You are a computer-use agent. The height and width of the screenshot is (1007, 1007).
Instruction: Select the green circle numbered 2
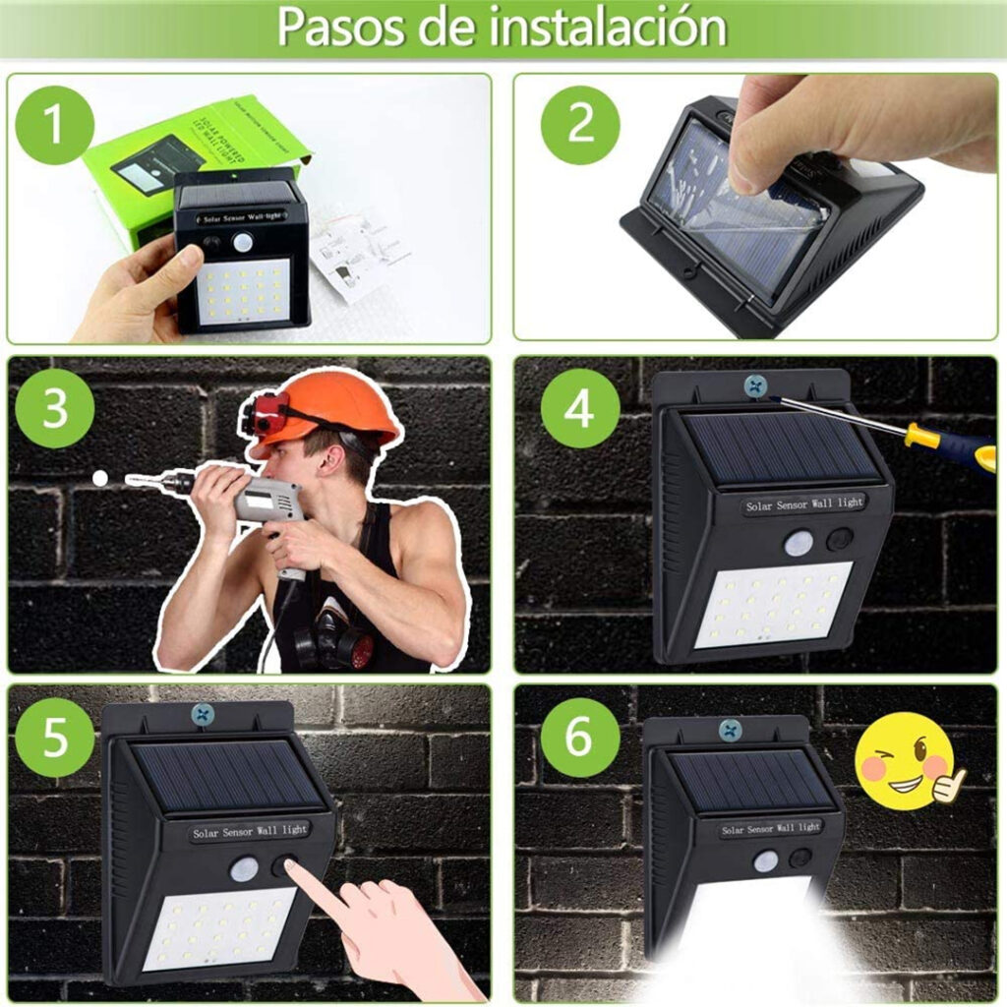(580, 125)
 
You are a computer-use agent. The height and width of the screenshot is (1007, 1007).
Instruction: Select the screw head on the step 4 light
(755, 385)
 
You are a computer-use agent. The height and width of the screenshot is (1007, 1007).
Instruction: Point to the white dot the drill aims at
(99, 478)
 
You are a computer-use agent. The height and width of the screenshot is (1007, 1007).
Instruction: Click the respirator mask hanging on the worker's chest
(334, 644)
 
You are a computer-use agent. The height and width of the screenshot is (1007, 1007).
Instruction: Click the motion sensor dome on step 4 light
(799, 542)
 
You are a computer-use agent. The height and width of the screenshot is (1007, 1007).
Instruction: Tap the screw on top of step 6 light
(730, 730)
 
